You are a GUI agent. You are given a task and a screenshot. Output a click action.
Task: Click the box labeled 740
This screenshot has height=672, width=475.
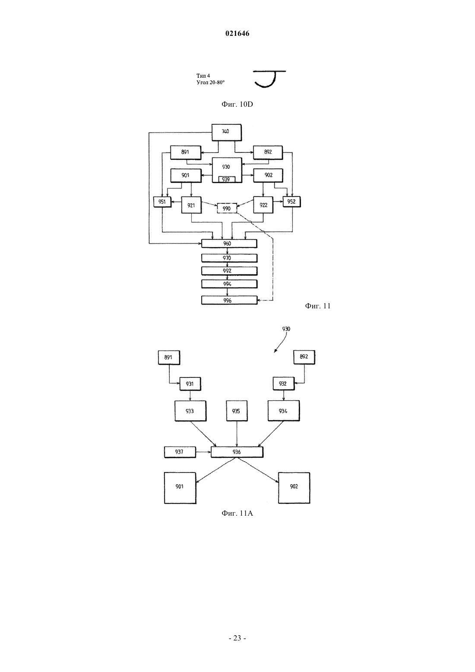tap(226, 132)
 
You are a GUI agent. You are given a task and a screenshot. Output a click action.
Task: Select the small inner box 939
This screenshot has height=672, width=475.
tap(226, 179)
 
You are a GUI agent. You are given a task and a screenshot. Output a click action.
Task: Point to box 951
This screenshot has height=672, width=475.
tap(162, 202)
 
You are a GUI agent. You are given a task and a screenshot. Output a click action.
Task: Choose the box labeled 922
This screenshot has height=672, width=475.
tap(263, 205)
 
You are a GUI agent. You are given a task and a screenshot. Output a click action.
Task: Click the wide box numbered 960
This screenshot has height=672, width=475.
tap(229, 243)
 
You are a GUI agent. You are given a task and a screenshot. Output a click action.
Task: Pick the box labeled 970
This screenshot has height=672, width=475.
tap(229, 258)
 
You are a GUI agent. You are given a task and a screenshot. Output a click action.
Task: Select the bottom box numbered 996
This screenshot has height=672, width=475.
tap(229, 300)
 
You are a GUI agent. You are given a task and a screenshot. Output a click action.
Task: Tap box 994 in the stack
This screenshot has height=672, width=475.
tap(229, 284)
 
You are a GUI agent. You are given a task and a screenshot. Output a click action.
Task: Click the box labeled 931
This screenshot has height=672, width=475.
tap(190, 384)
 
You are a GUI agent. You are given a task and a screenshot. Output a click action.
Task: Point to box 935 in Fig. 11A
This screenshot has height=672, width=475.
tap(237, 411)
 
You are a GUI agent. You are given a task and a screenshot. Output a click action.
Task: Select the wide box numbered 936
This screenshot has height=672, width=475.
tap(237, 452)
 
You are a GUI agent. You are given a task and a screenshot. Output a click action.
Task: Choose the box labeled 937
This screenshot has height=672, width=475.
tap(180, 452)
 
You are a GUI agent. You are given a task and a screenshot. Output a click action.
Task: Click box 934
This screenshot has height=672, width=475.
tap(283, 411)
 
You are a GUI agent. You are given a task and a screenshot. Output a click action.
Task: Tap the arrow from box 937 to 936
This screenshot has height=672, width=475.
tap(203, 452)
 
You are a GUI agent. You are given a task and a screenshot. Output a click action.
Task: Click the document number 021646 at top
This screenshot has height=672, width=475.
tap(237, 34)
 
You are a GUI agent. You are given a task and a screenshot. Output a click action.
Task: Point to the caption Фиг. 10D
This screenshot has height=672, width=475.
tap(237, 104)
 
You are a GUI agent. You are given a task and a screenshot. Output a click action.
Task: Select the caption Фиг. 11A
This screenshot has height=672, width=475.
tap(237, 514)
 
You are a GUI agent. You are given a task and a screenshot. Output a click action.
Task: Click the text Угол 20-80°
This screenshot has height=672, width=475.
tap(211, 82)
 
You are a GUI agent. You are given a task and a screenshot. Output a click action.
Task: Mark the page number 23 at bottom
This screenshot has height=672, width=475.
tap(237, 638)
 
